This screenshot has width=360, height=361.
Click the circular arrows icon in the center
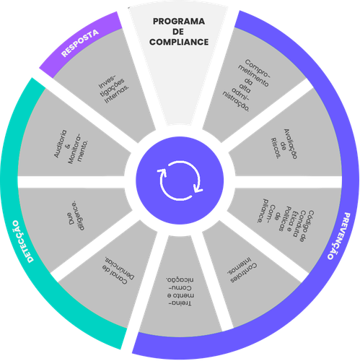point(180,180)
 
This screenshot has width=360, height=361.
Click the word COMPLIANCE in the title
point(180,42)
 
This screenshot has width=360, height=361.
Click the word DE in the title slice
point(180,32)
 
